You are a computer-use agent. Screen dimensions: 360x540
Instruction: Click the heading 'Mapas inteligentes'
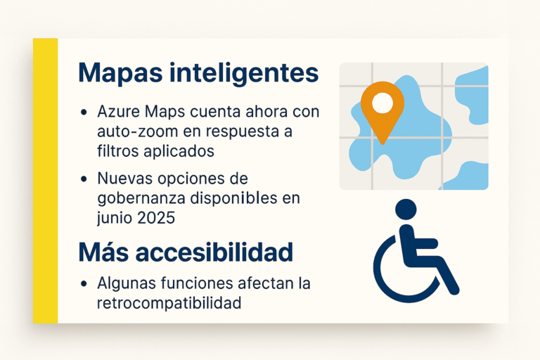point(199,73)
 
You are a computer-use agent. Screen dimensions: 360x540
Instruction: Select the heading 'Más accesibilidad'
point(186,252)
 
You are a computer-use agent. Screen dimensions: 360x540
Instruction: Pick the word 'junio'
point(115,218)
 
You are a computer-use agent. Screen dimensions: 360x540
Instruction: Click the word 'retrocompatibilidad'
point(169,304)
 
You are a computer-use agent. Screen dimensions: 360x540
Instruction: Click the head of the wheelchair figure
point(406,209)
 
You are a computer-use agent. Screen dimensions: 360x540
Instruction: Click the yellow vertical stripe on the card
point(45,180)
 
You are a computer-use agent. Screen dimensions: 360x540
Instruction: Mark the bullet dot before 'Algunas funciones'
point(84,285)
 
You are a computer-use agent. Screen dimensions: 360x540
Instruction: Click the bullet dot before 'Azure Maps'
point(84,112)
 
